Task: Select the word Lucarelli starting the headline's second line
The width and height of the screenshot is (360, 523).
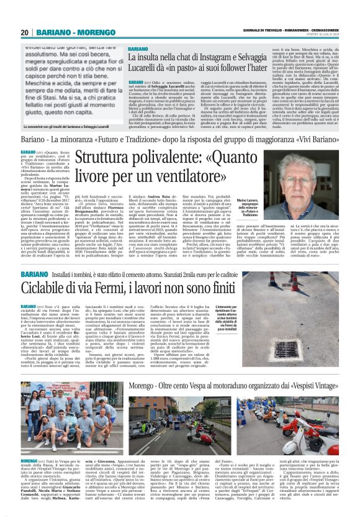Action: point(147,70)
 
